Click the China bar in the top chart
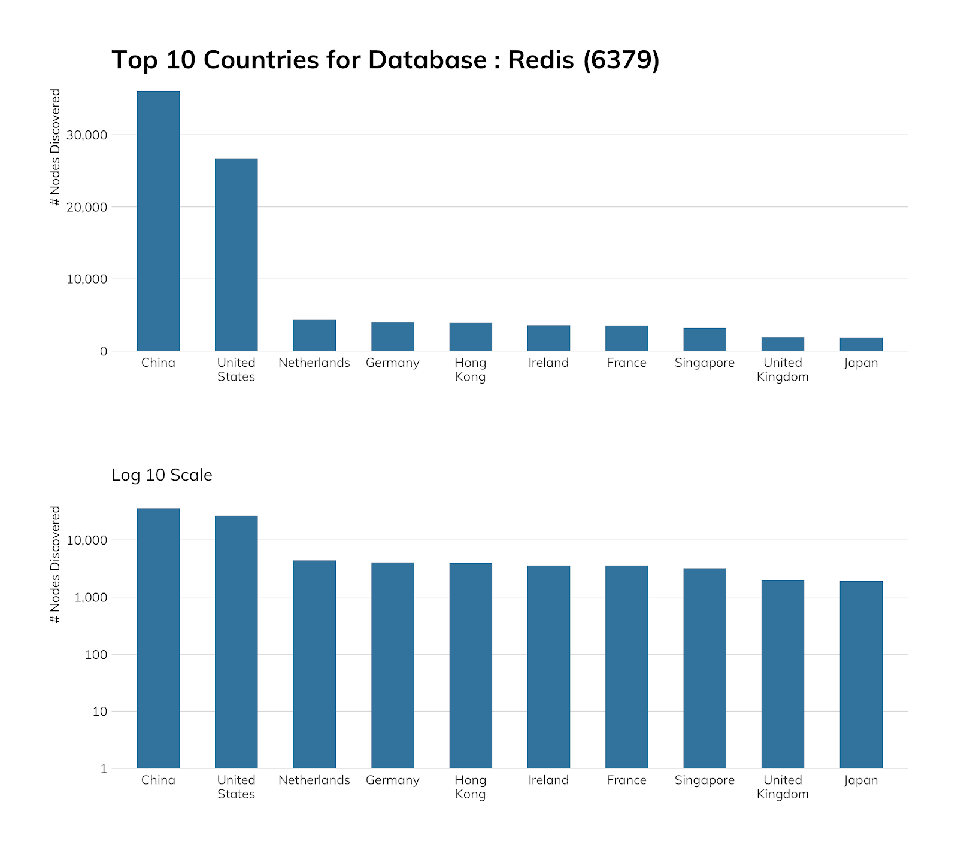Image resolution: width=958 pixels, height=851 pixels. (x=158, y=221)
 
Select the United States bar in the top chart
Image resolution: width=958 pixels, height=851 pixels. (x=236, y=255)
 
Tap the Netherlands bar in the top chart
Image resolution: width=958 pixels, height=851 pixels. (x=314, y=336)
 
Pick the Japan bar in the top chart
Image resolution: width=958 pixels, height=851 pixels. (x=860, y=345)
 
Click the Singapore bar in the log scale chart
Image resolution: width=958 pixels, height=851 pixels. (x=705, y=668)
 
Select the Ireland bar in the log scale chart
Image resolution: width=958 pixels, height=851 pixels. (x=548, y=667)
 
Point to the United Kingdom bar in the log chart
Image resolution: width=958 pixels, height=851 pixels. (x=783, y=674)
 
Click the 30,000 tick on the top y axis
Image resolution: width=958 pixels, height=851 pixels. (x=87, y=135)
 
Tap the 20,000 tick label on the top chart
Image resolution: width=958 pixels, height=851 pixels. (x=87, y=208)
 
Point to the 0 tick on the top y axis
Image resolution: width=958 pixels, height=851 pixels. (x=104, y=352)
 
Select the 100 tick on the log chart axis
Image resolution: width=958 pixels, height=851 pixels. (x=96, y=655)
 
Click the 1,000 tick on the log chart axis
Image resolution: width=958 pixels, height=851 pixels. (x=91, y=598)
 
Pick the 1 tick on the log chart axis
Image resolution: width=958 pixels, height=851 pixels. (x=104, y=769)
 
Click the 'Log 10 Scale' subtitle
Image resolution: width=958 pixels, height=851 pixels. (x=162, y=475)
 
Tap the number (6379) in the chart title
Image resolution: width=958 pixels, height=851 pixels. (x=621, y=60)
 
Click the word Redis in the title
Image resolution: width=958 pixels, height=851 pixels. (x=541, y=60)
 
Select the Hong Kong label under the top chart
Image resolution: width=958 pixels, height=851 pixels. (x=471, y=370)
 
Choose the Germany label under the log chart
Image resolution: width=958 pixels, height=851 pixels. (x=392, y=780)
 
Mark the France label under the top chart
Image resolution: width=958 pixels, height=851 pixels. (x=626, y=363)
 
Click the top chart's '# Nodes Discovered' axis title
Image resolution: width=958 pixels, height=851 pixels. (x=56, y=147)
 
